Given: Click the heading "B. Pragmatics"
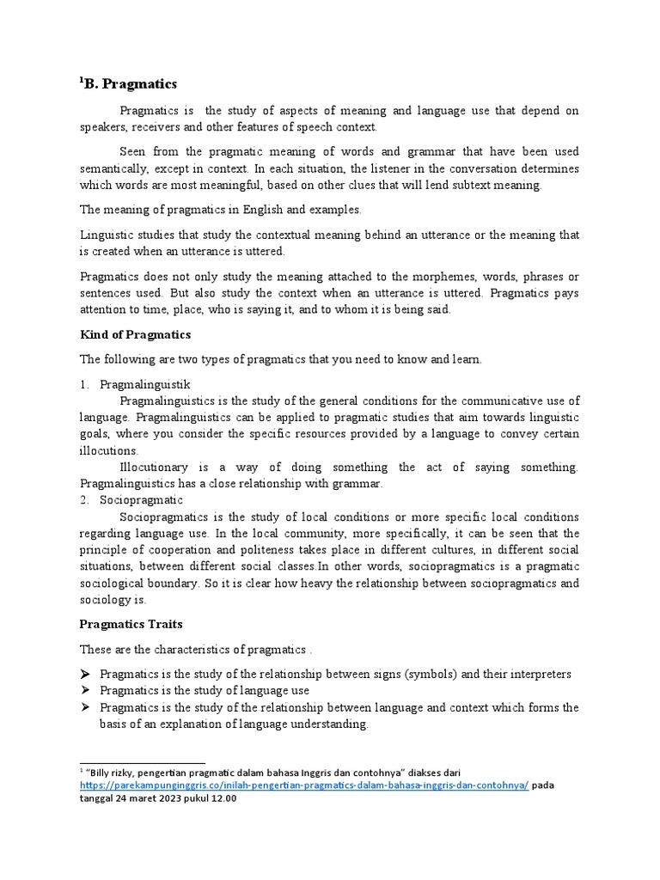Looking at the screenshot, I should point(131,84).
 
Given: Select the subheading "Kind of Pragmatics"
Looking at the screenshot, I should point(135,334).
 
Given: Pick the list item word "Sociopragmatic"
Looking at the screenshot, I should point(141,500).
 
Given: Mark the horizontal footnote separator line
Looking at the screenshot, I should point(143,762).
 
